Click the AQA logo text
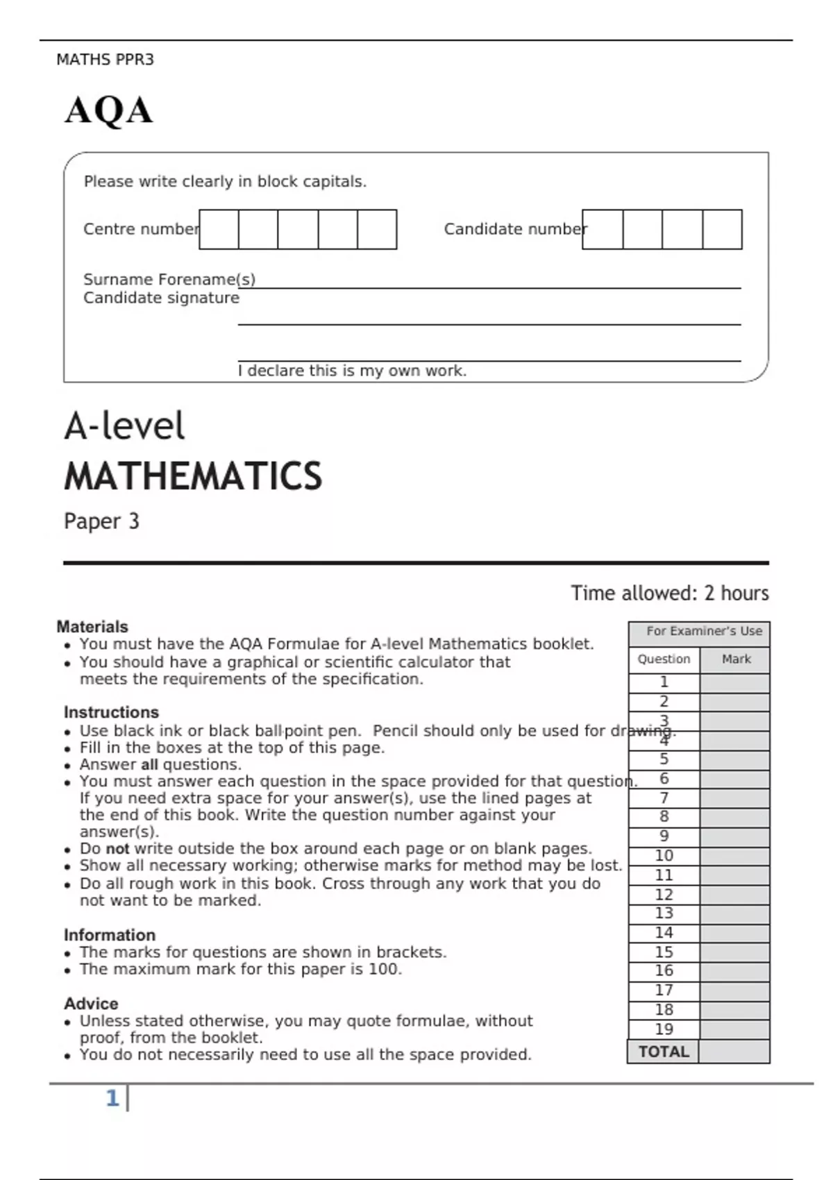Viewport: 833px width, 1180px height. (x=109, y=111)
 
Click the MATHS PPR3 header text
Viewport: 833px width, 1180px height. (x=105, y=60)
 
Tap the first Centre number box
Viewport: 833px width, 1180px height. (x=219, y=230)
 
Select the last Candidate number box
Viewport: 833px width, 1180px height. (x=722, y=230)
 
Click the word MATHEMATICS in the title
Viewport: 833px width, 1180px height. (x=193, y=477)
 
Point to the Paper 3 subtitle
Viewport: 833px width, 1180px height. (x=101, y=521)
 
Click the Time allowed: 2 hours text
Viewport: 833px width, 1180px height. (x=669, y=593)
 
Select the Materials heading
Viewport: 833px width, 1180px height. (x=92, y=627)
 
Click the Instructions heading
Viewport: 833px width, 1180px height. (x=111, y=712)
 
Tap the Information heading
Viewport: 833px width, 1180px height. (x=110, y=935)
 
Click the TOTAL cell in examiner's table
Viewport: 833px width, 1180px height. (x=663, y=1052)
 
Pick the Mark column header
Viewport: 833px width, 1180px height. (x=736, y=659)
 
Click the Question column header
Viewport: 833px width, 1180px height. (x=664, y=659)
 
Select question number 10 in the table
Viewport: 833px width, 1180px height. (x=664, y=856)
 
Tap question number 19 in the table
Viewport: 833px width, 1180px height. (x=664, y=1029)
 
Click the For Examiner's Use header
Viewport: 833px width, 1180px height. (x=704, y=631)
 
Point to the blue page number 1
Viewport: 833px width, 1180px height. (x=112, y=1098)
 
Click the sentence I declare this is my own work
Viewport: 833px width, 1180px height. (x=352, y=371)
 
